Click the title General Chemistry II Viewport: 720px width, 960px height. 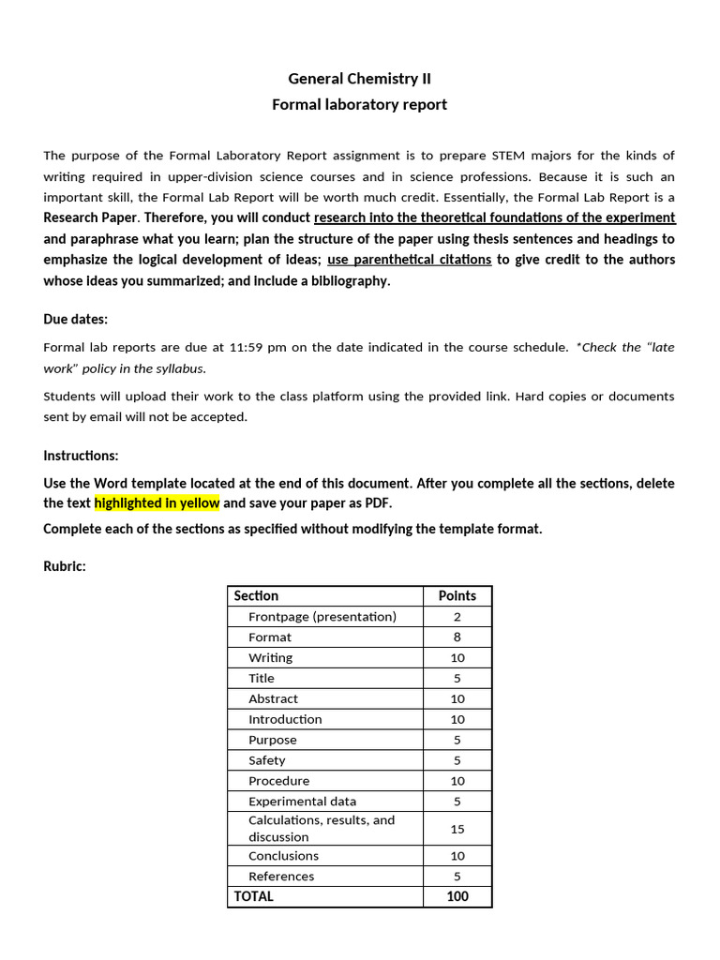click(359, 79)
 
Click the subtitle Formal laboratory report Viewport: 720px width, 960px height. click(359, 104)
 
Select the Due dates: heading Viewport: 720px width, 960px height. click(75, 319)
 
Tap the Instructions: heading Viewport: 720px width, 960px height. click(81, 456)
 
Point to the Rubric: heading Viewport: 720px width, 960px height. click(65, 566)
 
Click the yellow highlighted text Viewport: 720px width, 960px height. click(157, 502)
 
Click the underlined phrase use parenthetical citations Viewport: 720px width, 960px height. click(409, 260)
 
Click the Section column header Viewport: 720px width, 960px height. click(256, 596)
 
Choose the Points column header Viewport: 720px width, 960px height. click(457, 596)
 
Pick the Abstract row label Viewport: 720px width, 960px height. click(273, 698)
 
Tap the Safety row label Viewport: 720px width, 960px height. click(266, 760)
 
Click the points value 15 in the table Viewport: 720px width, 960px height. click(457, 829)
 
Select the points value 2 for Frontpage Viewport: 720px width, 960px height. click(457, 617)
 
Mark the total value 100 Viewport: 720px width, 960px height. click(457, 896)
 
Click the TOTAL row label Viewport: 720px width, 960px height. click(254, 896)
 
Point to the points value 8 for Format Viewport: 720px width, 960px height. click(457, 637)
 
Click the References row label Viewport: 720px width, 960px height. click(281, 877)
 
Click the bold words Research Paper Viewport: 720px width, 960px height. click(92, 217)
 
